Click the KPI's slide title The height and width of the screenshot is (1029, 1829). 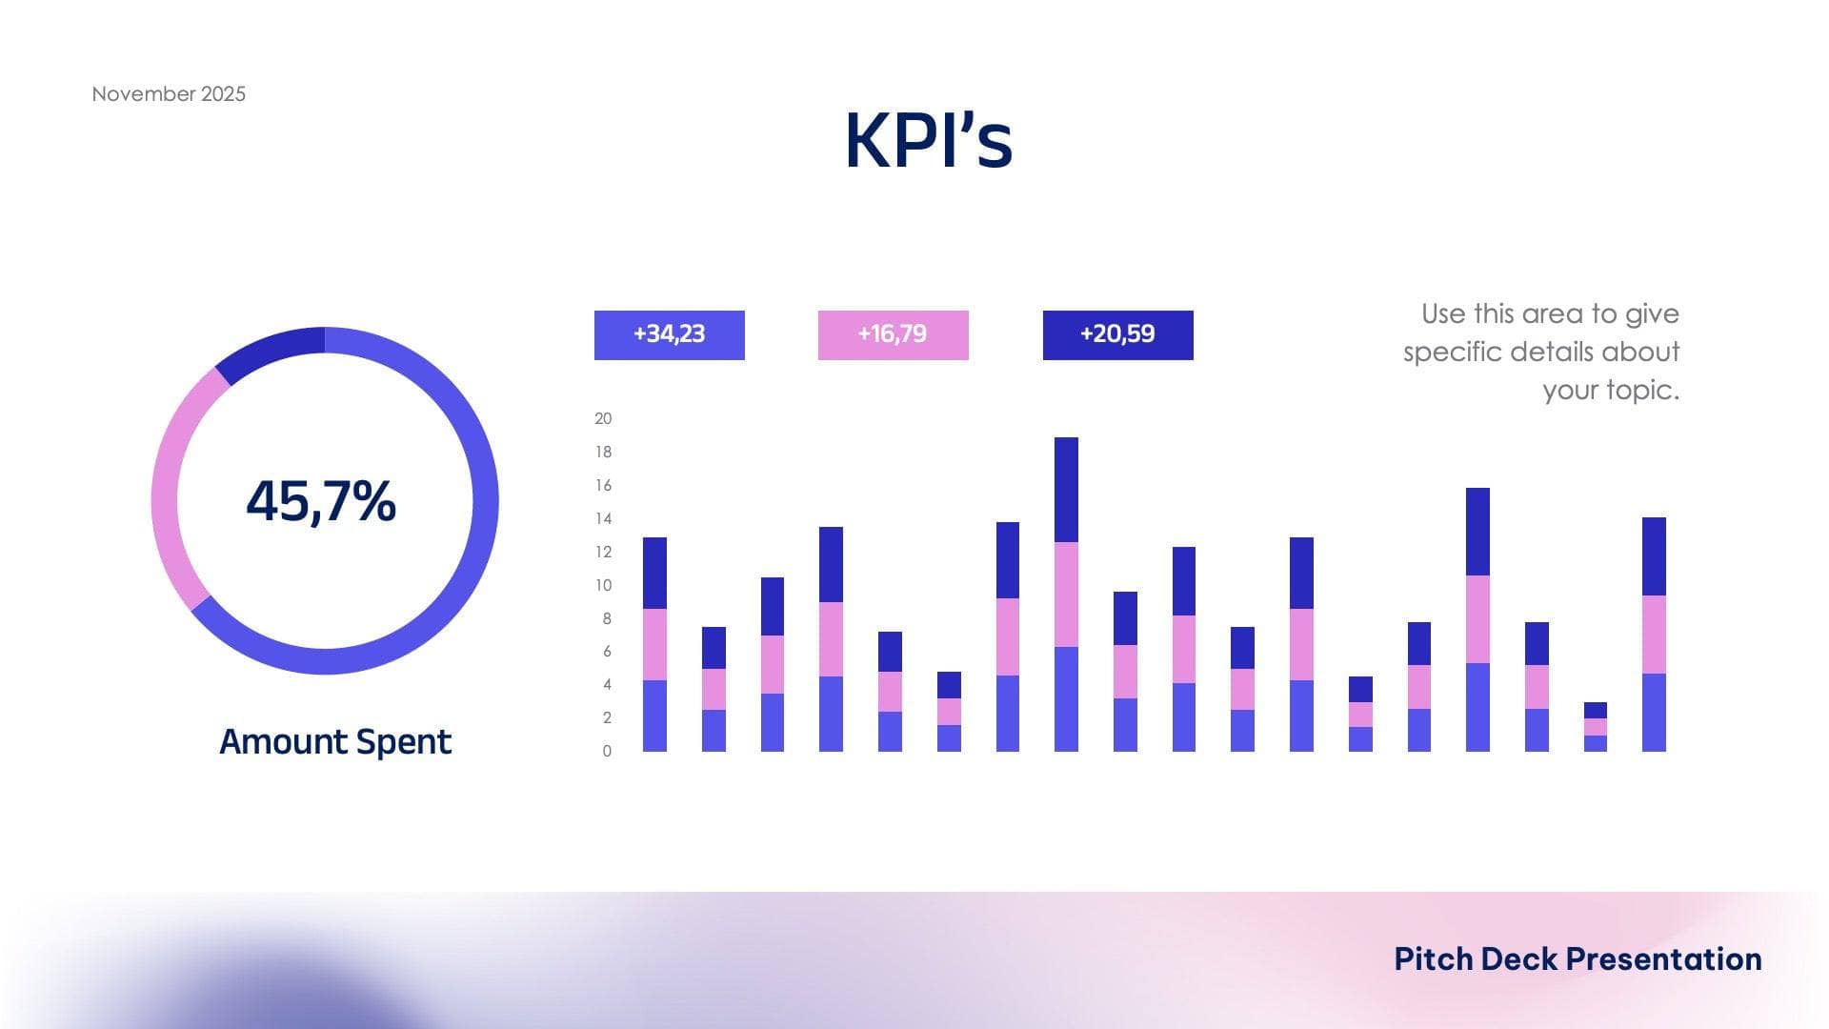click(929, 141)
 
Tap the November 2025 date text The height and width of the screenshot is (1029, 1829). click(169, 94)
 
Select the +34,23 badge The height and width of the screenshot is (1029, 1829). click(669, 334)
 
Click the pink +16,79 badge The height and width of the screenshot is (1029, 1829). click(893, 334)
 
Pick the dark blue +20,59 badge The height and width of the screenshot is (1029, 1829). click(1117, 334)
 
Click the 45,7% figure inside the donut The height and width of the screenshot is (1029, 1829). click(321, 501)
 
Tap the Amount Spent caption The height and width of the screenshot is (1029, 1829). click(335, 741)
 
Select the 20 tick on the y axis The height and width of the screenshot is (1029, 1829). click(603, 418)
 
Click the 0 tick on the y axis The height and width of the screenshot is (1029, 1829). click(607, 751)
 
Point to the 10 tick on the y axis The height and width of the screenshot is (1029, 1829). click(603, 585)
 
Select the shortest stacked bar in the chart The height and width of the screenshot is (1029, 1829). click(1595, 727)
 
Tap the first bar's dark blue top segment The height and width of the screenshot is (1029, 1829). click(654, 573)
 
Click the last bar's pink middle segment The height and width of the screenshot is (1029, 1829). click(1654, 635)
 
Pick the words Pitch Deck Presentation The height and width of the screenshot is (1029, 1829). click(1578, 958)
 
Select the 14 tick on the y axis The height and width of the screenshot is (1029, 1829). click(603, 518)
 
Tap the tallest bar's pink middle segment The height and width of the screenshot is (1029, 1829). click(1066, 595)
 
